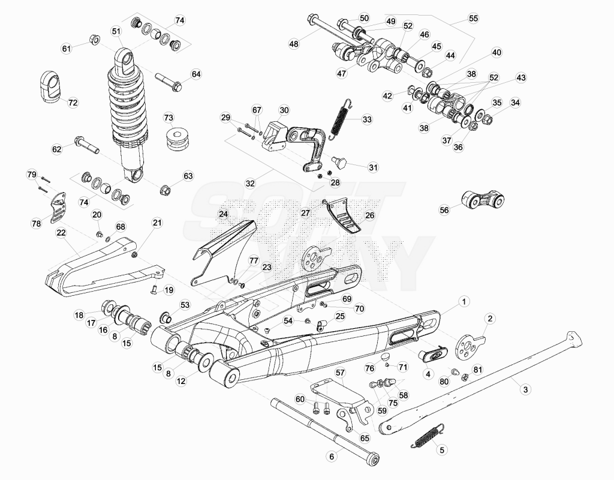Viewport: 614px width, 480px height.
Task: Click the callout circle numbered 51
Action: pos(116,31)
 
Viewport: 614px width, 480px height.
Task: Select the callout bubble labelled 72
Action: pos(73,103)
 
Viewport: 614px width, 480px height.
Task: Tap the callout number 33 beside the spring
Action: pos(367,119)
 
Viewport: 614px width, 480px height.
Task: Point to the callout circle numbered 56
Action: pos(444,210)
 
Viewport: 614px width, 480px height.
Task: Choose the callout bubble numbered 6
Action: pos(332,457)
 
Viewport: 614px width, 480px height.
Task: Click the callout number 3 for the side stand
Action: pos(525,389)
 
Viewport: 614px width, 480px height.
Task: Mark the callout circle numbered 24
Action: pos(223,214)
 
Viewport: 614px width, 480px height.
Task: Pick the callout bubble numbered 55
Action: pos(474,19)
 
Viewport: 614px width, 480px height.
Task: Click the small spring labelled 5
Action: pos(428,435)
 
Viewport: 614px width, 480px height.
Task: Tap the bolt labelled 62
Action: pos(86,144)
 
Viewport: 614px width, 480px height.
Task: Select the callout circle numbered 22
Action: pos(61,233)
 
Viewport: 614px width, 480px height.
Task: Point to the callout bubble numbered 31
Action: pos(373,168)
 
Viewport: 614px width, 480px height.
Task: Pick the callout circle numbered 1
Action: pos(464,302)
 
